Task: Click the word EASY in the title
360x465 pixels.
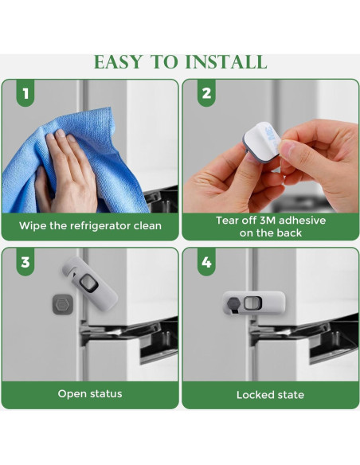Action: pos(118,62)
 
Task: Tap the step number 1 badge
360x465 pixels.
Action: pos(25,93)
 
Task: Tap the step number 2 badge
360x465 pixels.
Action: pos(206,93)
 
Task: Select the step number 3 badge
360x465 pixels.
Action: pos(25,262)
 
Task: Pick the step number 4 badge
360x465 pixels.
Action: pos(206,262)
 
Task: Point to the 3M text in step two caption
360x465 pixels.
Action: pos(268,221)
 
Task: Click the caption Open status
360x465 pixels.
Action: pos(90,394)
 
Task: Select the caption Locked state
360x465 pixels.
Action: pos(270,395)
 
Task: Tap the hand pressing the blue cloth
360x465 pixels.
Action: pos(67,172)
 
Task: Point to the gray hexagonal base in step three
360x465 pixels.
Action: pos(62,304)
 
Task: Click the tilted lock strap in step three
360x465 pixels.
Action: pos(90,283)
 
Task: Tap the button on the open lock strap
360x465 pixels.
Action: pos(88,283)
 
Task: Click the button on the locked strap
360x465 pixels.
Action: pos(252,303)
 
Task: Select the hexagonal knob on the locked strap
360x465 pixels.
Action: pos(233,303)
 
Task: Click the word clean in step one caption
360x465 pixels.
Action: pos(147,226)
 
